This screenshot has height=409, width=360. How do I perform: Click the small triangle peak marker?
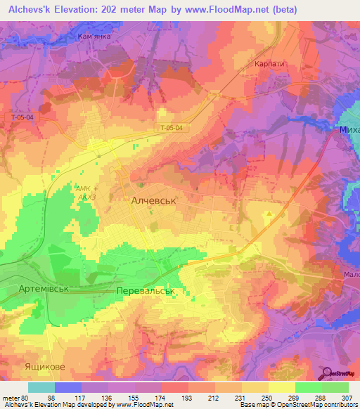tap(270, 213)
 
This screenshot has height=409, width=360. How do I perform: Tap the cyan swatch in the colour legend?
tap(41, 387)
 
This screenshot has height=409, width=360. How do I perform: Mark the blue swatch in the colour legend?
tap(68, 387)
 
